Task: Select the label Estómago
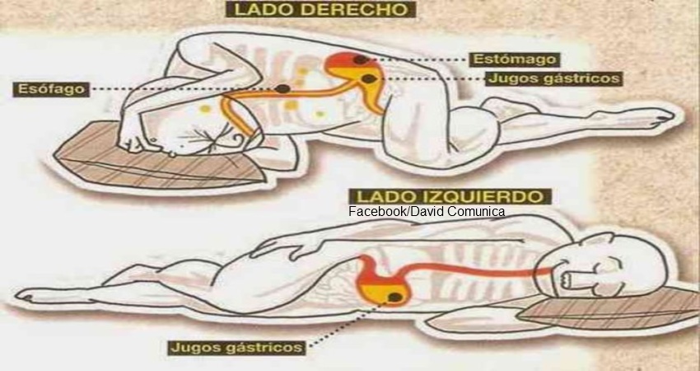tap(514, 59)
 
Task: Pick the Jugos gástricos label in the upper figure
tap(553, 78)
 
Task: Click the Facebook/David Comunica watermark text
tap(427, 212)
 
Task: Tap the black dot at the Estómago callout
tap(360, 59)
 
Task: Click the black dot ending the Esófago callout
tap(282, 88)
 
